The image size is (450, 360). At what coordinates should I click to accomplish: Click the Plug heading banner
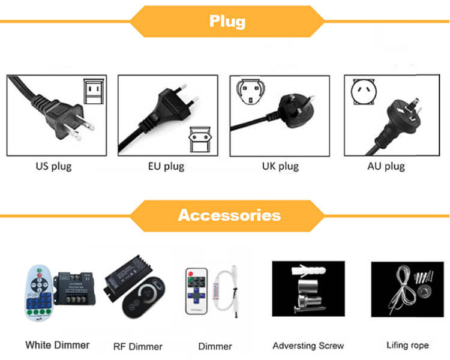[x=227, y=22]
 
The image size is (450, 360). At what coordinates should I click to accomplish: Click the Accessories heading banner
[x=229, y=214]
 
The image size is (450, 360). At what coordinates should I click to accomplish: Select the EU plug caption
[x=166, y=166]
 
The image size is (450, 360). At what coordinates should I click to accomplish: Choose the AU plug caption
[x=386, y=166]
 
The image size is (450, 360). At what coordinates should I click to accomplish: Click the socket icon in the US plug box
[x=93, y=90]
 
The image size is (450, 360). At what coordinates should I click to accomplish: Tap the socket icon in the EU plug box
[x=200, y=137]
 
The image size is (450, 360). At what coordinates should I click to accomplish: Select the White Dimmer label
[x=58, y=345]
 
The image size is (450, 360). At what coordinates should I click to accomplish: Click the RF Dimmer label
[x=138, y=346]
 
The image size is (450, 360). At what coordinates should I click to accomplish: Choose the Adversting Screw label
[x=308, y=346]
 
